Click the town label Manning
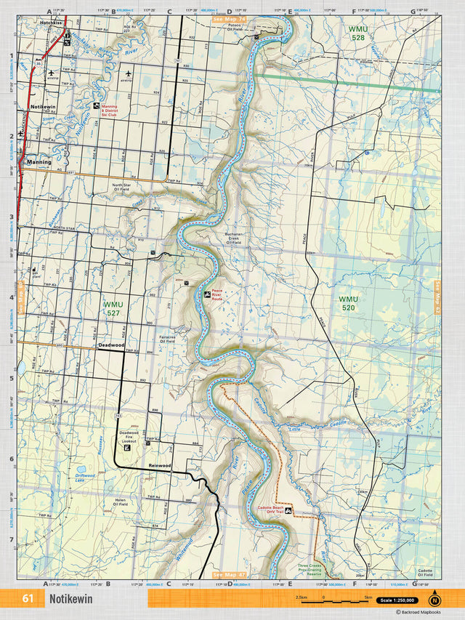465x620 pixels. click(x=39, y=162)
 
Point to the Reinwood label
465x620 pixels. click(x=159, y=464)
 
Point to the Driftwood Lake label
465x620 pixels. click(x=85, y=478)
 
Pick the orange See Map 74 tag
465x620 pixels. click(x=229, y=17)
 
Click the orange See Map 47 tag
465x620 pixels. click(x=229, y=574)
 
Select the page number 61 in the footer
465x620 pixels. click(x=28, y=599)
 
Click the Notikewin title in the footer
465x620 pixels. click(x=70, y=599)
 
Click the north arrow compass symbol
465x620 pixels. click(x=434, y=599)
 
